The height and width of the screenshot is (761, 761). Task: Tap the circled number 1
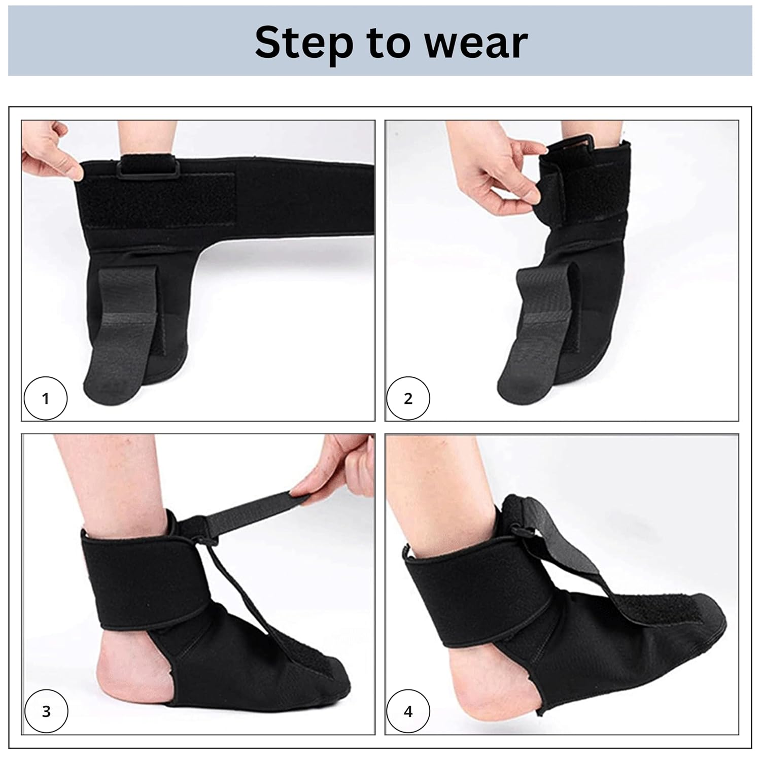pos(46,398)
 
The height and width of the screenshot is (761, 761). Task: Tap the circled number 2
pos(408,398)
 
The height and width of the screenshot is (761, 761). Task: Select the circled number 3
pos(46,711)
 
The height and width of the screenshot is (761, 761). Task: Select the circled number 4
pos(408,711)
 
